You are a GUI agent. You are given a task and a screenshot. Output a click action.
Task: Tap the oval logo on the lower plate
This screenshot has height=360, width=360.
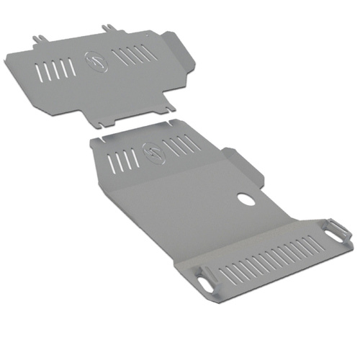153,150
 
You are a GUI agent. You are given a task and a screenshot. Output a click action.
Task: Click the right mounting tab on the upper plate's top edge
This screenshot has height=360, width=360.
110,28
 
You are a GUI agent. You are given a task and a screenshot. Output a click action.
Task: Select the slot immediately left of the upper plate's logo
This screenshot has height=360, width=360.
72,65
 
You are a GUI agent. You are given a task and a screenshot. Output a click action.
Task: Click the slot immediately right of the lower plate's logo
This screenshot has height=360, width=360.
170,149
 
